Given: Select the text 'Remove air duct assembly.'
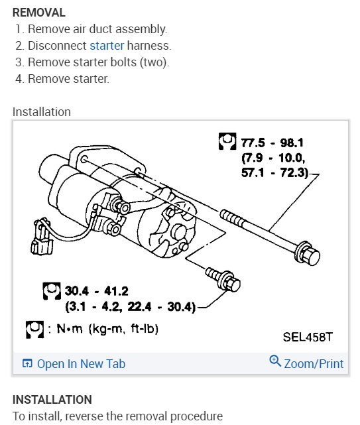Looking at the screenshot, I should click(97, 29).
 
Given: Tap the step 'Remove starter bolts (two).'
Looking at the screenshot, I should click(98, 62).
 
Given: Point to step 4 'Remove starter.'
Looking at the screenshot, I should click(68, 79).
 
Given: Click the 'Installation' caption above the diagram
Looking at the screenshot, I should click(42, 111).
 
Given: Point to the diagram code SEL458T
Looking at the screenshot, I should click(308, 337).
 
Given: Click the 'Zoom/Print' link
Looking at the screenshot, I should click(314, 363).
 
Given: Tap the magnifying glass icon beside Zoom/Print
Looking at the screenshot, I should click(275, 362).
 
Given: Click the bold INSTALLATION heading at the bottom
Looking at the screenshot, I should click(52, 400).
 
